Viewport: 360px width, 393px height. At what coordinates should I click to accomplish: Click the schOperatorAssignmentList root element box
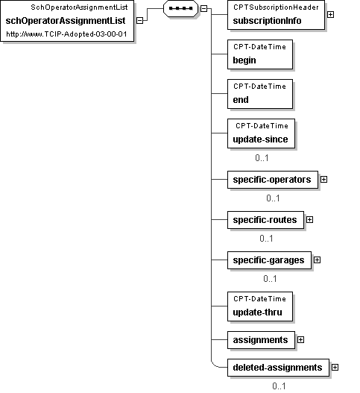[67, 21]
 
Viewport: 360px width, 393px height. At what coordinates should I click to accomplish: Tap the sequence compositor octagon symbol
[180, 8]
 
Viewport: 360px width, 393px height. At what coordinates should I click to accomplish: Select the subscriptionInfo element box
[276, 15]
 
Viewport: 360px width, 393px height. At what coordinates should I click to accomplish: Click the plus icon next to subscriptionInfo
[330, 15]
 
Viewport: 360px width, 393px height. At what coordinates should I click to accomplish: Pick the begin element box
[260, 54]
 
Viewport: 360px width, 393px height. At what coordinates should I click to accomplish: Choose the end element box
[260, 94]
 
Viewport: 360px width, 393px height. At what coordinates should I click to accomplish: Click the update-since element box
[262, 133]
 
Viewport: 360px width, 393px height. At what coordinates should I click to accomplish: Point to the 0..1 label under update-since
[262, 158]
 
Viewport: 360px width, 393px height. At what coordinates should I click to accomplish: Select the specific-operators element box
[273, 180]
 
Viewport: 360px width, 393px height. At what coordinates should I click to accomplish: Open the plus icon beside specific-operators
[324, 180]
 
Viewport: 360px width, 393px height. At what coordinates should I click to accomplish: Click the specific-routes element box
[265, 220]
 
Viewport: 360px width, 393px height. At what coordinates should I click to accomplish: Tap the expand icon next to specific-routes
[309, 220]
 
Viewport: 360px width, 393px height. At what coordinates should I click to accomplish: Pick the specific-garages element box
[269, 260]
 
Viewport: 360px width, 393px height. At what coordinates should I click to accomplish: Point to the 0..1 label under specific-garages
[270, 279]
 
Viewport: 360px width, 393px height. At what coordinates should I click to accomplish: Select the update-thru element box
[260, 306]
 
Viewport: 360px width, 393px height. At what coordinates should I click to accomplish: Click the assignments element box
[262, 340]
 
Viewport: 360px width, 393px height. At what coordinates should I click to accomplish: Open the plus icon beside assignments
[300, 340]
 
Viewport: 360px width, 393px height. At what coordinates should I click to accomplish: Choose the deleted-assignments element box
[278, 368]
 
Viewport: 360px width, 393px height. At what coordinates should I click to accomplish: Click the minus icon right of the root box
[140, 21]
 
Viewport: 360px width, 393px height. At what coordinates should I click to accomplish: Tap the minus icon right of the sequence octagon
[204, 8]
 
